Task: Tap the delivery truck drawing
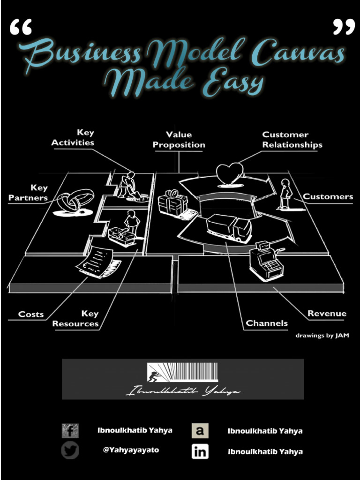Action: tap(229, 227)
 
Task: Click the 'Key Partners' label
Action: tap(28, 193)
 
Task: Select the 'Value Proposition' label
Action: tap(179, 140)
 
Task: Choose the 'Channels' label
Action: tap(267, 323)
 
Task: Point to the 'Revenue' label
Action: tap(327, 314)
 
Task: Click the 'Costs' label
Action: tap(31, 314)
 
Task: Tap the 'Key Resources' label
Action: tap(76, 319)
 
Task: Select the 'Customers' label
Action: tap(328, 196)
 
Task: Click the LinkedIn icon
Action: tap(200, 452)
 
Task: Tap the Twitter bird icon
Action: tap(70, 451)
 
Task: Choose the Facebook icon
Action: tap(70, 430)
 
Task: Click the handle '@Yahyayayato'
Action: tap(131, 450)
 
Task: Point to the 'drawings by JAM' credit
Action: tap(322, 336)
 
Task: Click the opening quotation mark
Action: tap(21, 28)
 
